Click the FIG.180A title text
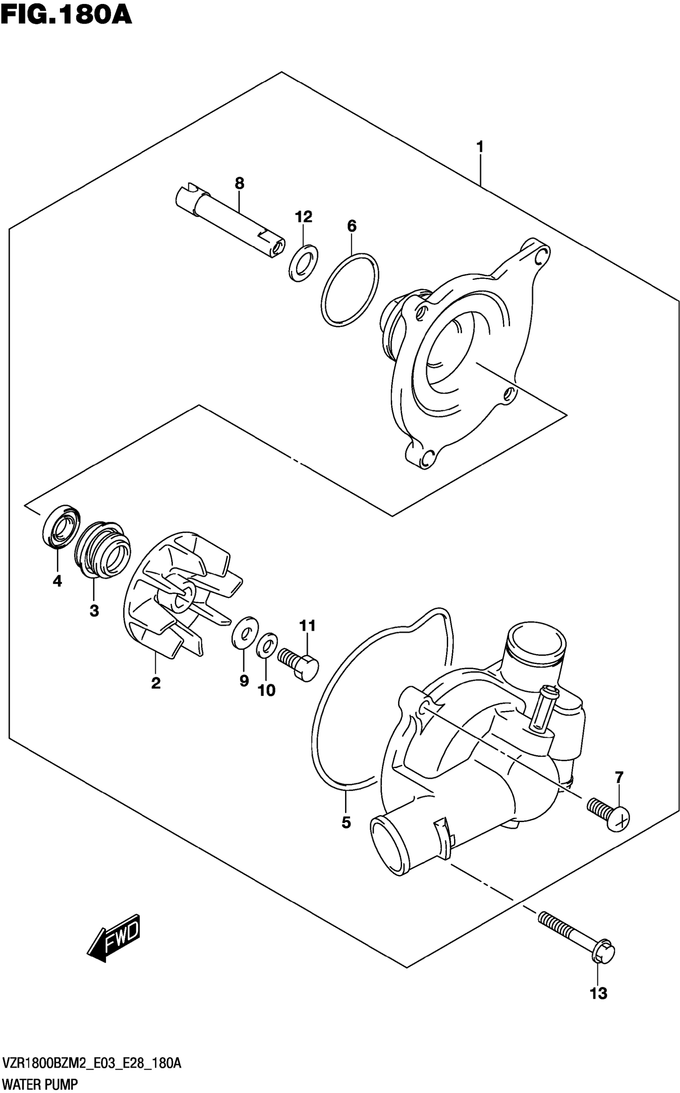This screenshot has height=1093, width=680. (66, 14)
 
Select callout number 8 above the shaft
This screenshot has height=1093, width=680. (239, 183)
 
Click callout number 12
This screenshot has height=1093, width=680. (304, 217)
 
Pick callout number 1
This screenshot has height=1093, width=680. (480, 147)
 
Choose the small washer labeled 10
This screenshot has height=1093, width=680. (267, 645)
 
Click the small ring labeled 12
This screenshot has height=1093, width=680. (303, 263)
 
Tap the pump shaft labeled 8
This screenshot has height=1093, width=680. (229, 221)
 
